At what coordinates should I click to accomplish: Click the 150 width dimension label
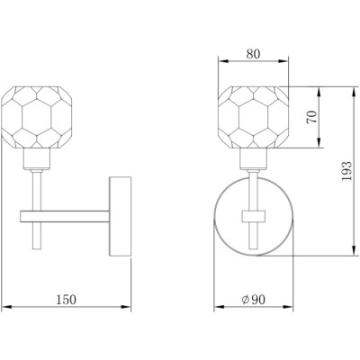point(67,300)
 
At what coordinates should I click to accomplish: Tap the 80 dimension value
point(254,54)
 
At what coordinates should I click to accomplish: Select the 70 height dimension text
point(311,117)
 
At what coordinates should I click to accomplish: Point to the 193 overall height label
point(346,171)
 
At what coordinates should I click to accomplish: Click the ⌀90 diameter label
point(254,300)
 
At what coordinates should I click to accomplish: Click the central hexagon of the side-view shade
point(37,117)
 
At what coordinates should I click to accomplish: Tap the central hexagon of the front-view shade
point(254,117)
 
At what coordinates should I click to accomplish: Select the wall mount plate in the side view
point(121,216)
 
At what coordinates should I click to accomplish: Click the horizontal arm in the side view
point(65,217)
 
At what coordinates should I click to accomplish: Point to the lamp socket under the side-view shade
point(37,158)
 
